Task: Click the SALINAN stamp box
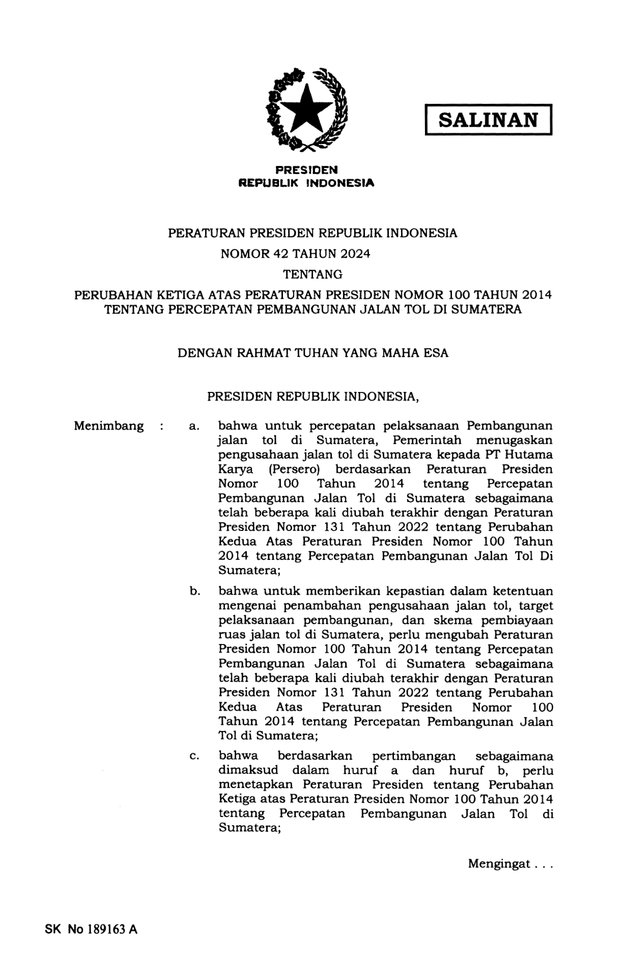coord(488,120)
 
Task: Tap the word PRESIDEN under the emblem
coord(306,169)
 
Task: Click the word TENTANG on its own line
coord(312,275)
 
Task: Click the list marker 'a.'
coord(193,426)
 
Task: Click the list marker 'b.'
coord(194,592)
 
